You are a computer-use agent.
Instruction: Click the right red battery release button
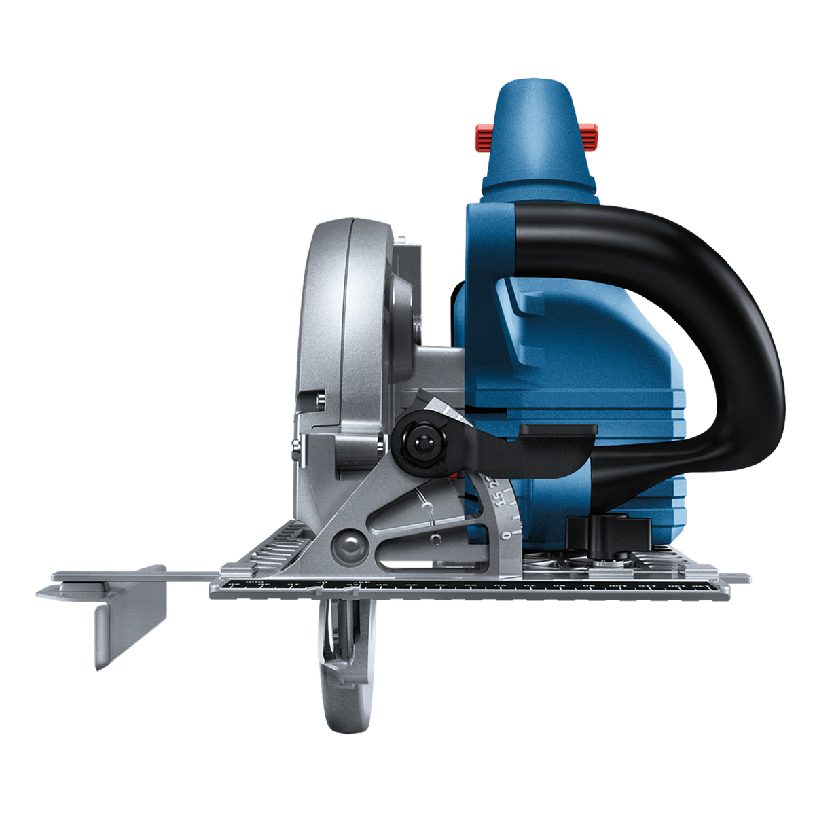click(x=592, y=136)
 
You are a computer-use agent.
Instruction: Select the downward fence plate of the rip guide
click(x=130, y=632)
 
